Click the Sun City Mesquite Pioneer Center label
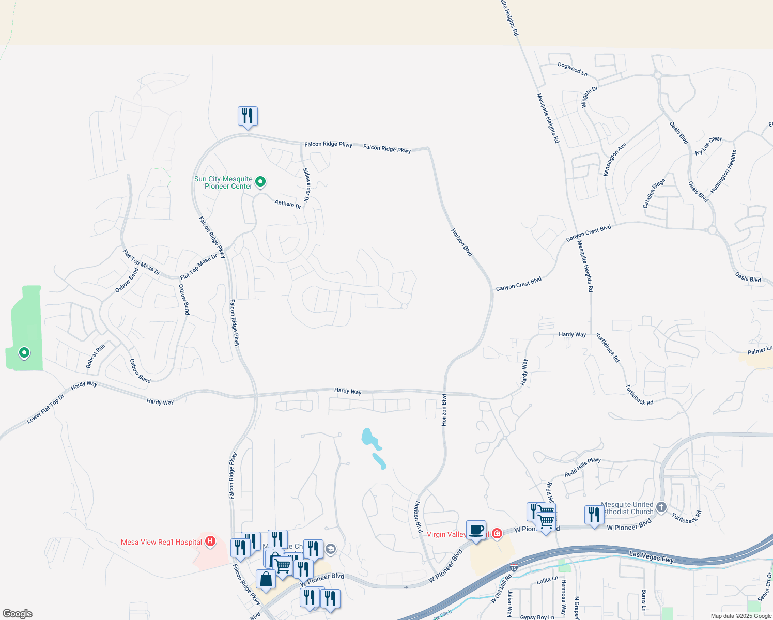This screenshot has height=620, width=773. tap(223, 183)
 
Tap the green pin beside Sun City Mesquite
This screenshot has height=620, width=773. tap(261, 181)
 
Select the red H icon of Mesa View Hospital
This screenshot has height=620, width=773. tap(210, 541)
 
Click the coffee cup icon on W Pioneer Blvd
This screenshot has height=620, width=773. tap(476, 530)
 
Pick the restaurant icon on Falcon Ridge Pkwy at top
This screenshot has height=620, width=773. tap(248, 116)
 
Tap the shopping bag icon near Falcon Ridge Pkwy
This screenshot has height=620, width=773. tap(266, 579)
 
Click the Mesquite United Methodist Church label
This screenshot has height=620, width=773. tap(627, 508)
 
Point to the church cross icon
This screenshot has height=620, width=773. tap(661, 507)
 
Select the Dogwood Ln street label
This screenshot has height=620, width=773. tap(573, 69)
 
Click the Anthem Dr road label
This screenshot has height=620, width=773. tap(288, 204)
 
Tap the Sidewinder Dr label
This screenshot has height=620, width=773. tap(307, 184)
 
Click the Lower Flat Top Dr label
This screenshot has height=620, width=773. tap(46, 409)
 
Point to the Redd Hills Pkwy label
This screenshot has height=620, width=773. tap(582, 467)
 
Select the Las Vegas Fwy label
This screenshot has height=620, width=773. tap(652, 557)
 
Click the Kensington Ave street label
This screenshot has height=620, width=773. tap(615, 159)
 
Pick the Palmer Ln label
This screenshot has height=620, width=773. tap(760, 350)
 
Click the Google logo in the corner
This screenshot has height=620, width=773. tap(18, 614)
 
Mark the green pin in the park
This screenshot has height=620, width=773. tap(24, 353)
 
